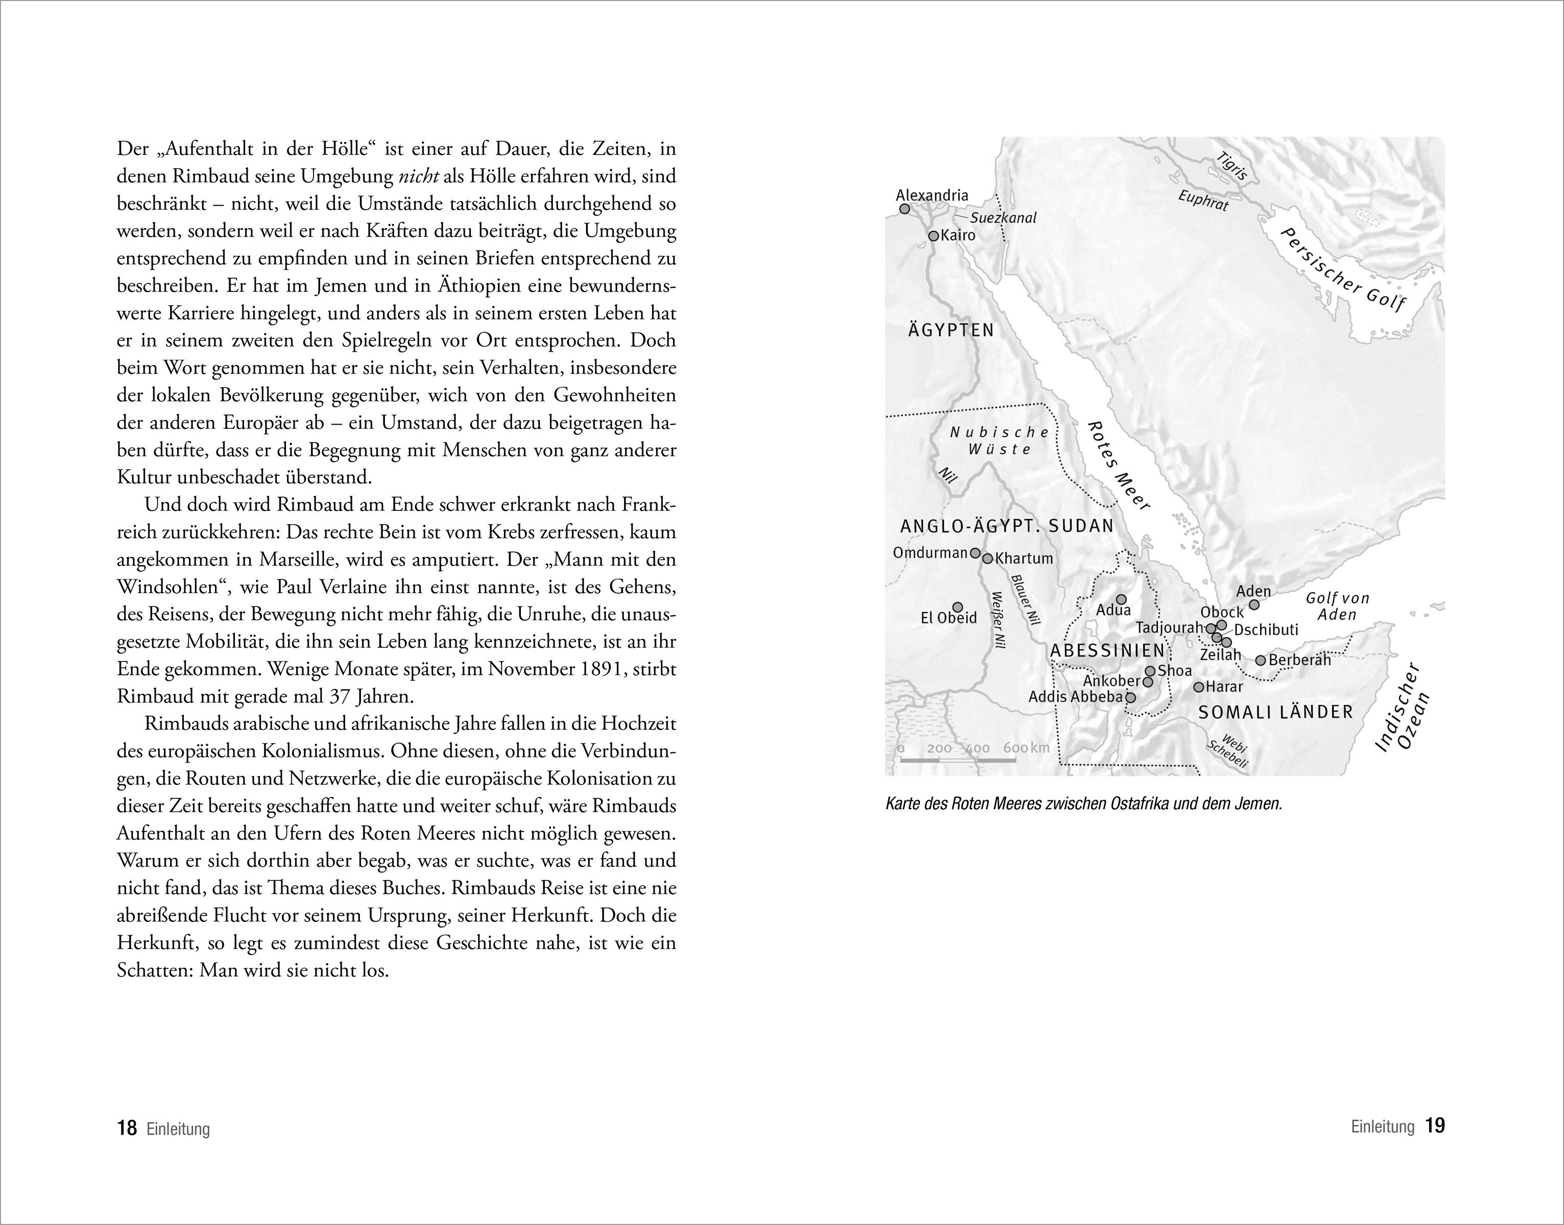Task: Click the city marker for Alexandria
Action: point(905,209)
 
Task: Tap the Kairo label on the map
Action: point(958,235)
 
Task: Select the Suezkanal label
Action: point(1003,218)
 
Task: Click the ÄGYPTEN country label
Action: point(951,331)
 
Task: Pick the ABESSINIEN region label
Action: point(1107,650)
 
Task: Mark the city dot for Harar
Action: point(1198,687)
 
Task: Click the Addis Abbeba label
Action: point(1075,696)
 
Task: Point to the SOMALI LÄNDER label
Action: point(1276,712)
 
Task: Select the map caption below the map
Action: point(1084,804)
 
